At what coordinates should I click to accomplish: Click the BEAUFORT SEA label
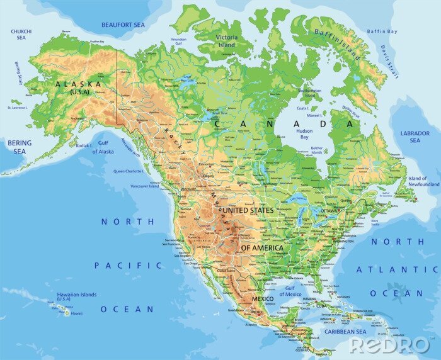click(x=123, y=25)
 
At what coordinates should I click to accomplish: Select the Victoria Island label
click(x=226, y=41)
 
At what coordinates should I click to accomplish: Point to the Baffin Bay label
click(x=383, y=31)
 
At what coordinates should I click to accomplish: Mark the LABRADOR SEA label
click(x=414, y=137)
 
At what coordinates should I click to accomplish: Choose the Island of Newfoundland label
click(x=423, y=182)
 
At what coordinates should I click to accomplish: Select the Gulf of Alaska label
click(x=103, y=148)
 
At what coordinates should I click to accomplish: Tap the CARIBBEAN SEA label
click(x=345, y=332)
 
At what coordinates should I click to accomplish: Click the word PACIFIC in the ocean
click(x=128, y=266)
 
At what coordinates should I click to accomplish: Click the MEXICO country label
click(x=263, y=298)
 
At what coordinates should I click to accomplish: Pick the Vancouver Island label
click(x=145, y=186)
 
